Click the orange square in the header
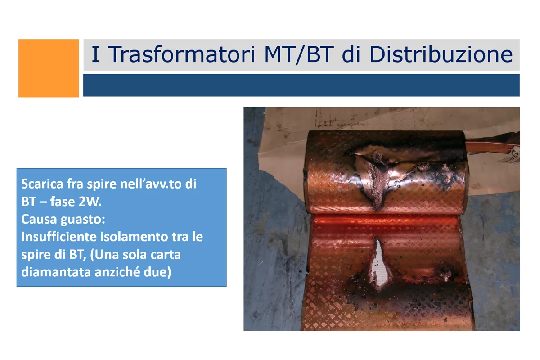49,68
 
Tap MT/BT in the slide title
299,55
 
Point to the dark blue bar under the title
301,85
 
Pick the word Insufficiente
59,237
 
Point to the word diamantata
56,272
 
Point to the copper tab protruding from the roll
492,145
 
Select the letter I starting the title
95,54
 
